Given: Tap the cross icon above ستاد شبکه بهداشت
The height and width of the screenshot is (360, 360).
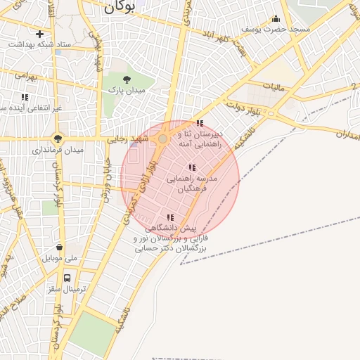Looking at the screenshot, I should pos(39,34).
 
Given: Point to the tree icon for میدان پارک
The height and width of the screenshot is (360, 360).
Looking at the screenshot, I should pos(127,79).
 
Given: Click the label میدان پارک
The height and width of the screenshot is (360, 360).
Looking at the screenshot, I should pos(126,90).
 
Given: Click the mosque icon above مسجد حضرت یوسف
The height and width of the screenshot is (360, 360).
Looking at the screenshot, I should pos(276,20).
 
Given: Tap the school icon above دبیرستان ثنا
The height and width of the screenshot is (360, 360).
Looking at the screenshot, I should pos(200,124).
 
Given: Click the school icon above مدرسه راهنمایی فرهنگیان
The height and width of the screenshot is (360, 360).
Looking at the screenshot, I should pos(191,167).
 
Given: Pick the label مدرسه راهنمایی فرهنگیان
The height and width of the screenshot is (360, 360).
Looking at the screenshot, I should pos(192,184).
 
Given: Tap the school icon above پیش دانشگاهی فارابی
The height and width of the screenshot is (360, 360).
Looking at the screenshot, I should pos(170,217).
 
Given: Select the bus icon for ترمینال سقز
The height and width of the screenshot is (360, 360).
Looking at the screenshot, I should pos(67,277).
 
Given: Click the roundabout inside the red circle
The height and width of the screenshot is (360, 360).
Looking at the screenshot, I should pos(162,139).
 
